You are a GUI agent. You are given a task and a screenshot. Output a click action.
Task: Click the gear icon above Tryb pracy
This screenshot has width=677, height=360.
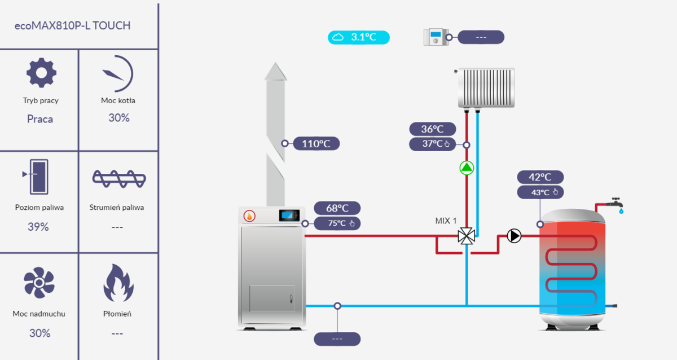click(x=42, y=73)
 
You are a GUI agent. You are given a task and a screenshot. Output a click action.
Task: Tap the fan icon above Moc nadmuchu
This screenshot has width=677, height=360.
click(x=39, y=283)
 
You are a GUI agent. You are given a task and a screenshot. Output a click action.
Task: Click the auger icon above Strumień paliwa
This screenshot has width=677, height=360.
click(x=119, y=178)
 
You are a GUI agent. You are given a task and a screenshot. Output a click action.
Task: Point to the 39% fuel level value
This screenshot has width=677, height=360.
click(x=38, y=227)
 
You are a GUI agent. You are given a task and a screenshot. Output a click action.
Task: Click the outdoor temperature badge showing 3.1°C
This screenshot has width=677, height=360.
click(x=359, y=37)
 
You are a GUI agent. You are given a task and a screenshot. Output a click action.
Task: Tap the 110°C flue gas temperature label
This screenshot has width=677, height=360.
click(x=316, y=143)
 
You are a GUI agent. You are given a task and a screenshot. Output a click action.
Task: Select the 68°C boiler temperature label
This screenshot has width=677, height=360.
click(x=336, y=208)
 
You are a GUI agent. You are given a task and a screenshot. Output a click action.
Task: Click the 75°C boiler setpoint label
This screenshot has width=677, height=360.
click(x=337, y=223)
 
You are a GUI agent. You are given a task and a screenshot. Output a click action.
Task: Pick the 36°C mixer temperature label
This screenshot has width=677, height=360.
click(x=432, y=129)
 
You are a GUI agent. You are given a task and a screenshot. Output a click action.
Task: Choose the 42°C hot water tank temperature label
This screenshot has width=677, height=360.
click(x=540, y=177)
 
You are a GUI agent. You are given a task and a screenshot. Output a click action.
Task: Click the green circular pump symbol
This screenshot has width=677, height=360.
click(x=467, y=168)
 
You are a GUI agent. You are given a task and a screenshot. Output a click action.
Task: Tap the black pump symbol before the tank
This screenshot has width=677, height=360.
click(x=514, y=236)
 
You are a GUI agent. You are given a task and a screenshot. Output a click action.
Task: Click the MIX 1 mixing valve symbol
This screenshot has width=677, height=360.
click(x=466, y=236)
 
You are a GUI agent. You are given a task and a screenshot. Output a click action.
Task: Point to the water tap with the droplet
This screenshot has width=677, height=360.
click(x=617, y=204)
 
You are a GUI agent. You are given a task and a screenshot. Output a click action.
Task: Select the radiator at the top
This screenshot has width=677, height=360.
click(x=486, y=87)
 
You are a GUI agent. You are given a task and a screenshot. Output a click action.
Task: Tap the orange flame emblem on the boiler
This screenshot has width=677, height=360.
click(x=249, y=216)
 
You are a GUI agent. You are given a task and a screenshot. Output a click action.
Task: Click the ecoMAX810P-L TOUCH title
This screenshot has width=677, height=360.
click(x=73, y=26)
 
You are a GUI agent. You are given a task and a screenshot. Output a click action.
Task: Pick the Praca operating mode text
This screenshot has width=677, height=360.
click(x=40, y=119)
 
